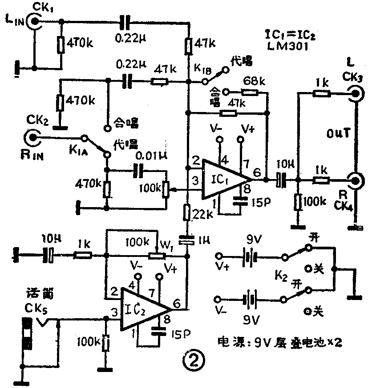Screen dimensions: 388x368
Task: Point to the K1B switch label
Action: click(x=200, y=69)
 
